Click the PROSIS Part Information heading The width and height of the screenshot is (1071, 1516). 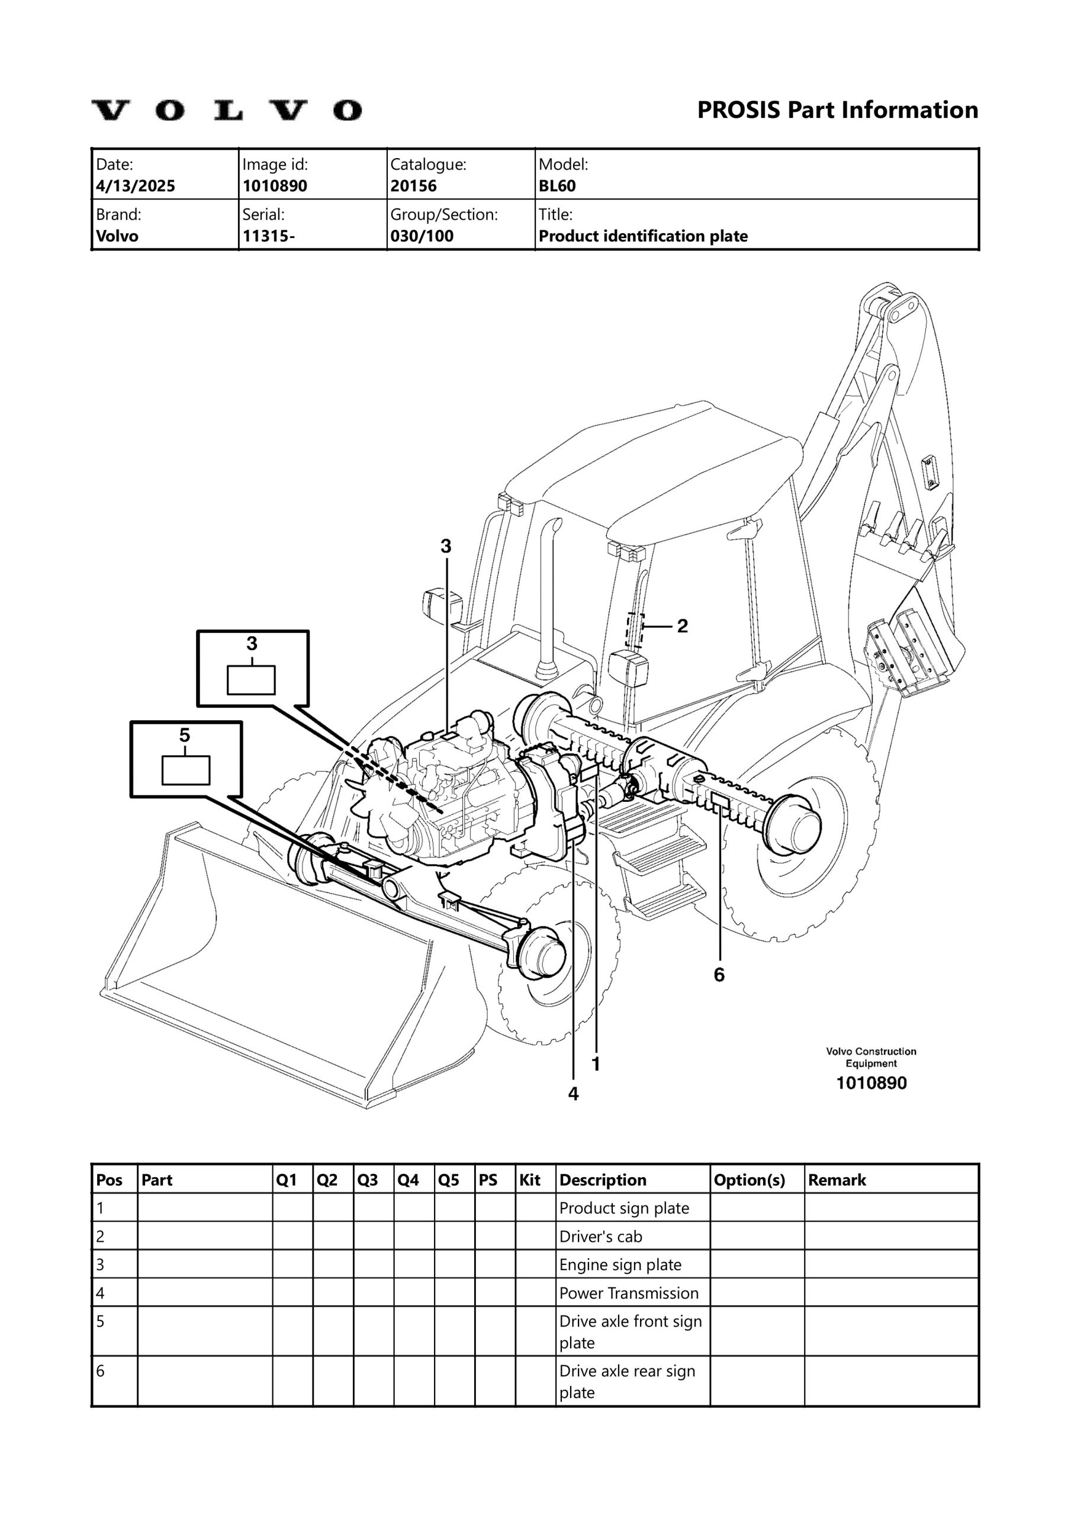click(x=837, y=110)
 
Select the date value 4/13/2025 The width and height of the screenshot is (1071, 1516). click(x=136, y=185)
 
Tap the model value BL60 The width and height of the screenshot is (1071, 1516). click(x=557, y=185)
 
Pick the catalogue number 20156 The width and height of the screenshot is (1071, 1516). click(x=413, y=185)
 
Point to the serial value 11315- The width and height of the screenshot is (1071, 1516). click(x=269, y=236)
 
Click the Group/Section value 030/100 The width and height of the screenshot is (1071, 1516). click(x=422, y=236)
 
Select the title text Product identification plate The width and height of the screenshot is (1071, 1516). click(x=643, y=236)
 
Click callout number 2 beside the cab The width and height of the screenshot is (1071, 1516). click(x=682, y=625)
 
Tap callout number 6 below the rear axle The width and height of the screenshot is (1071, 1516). click(x=719, y=975)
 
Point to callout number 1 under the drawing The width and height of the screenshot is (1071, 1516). click(x=596, y=1064)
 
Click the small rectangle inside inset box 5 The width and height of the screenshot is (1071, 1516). click(x=185, y=770)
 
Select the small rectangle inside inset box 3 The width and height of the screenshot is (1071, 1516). click(x=251, y=680)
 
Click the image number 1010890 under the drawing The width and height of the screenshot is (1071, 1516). click(x=871, y=1083)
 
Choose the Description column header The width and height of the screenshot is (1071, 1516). click(x=602, y=1180)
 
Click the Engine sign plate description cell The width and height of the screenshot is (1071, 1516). click(x=620, y=1264)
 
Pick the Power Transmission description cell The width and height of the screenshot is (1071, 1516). click(x=629, y=1293)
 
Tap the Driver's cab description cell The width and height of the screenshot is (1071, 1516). click(x=600, y=1236)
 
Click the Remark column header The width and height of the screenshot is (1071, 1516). click(x=837, y=1180)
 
